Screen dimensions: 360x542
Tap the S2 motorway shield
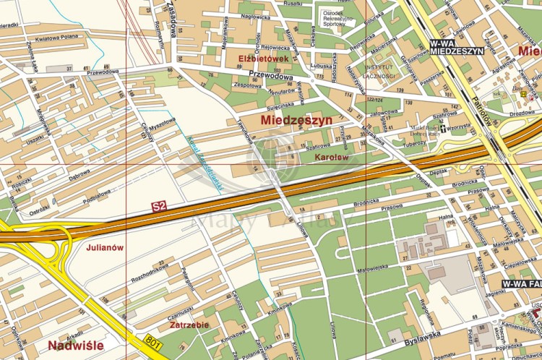pos(159,207)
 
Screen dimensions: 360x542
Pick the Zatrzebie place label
pos(189,325)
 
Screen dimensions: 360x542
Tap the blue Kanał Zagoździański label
pos(204,163)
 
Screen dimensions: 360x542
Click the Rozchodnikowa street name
pos(150,273)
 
